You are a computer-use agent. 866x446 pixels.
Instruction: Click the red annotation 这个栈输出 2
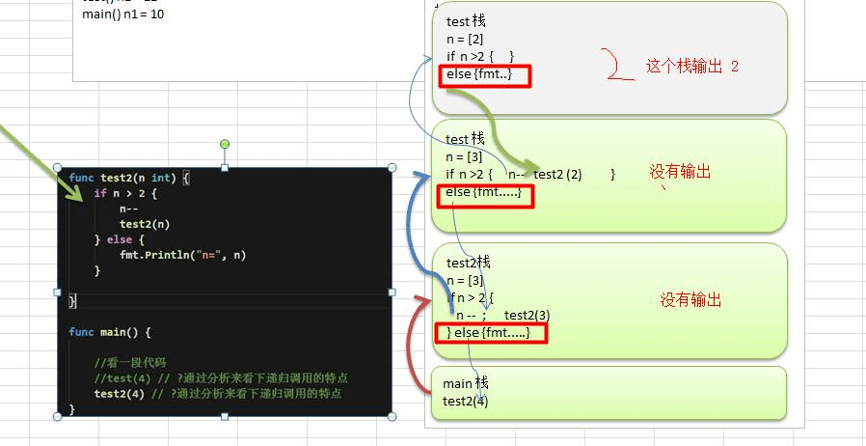coord(691,67)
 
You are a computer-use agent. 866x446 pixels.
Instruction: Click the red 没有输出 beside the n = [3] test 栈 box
coord(680,172)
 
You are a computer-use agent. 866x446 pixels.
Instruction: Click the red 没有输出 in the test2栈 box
coord(690,300)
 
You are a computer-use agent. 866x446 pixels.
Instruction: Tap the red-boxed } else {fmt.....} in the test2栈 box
coord(491,333)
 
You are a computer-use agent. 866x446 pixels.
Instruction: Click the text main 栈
coord(466,383)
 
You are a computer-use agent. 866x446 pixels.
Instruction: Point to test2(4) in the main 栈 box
coord(466,401)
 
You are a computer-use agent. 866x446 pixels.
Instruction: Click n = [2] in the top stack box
coord(465,39)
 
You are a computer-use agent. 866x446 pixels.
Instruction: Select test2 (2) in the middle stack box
coord(557,174)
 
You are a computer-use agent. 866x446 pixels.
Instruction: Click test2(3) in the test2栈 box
coord(527,316)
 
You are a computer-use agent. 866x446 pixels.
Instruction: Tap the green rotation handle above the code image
coord(225,145)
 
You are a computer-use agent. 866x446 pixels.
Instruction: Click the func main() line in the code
coord(110,332)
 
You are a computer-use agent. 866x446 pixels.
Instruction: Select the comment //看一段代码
coord(130,363)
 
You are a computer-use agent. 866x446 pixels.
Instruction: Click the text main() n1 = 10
coord(122,14)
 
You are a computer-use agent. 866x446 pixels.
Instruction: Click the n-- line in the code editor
coord(128,209)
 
